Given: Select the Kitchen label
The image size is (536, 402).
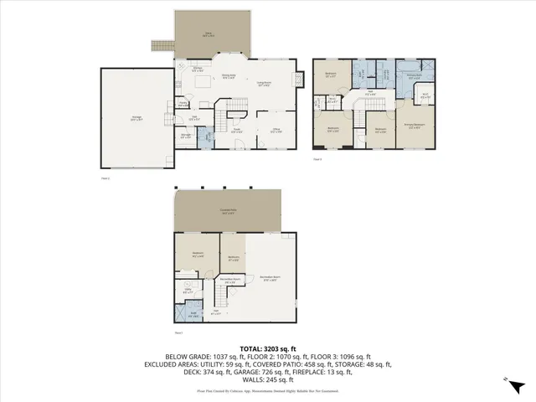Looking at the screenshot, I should [x=198, y=69].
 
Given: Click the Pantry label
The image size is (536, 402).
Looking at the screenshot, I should [x=183, y=105].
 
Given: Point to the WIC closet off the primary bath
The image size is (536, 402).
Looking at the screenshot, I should [x=425, y=96].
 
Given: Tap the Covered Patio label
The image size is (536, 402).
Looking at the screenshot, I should [x=227, y=211].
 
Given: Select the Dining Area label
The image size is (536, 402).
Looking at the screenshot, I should [x=228, y=76].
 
